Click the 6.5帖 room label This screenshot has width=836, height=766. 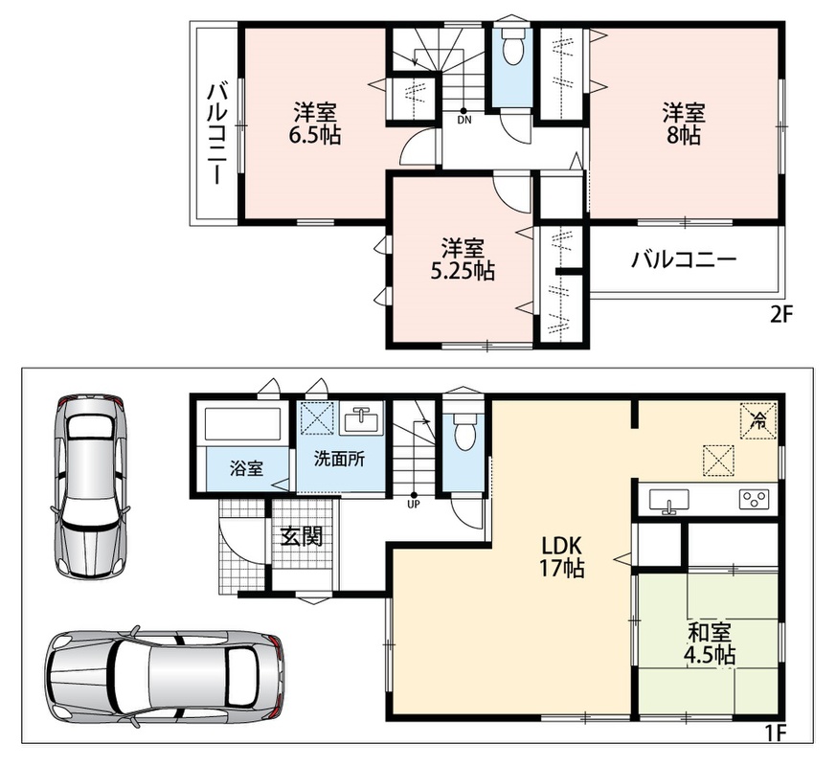(314, 137)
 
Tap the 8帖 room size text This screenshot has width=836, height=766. (684, 137)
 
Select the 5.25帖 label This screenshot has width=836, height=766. (463, 272)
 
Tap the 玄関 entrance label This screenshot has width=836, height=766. (302, 537)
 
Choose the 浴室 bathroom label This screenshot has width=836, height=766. (246, 469)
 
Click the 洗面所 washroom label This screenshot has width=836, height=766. (339, 459)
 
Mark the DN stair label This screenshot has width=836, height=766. (464, 121)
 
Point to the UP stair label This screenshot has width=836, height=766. (414, 505)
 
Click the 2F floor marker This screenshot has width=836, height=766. (781, 315)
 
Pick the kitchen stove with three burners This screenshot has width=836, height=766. (754, 500)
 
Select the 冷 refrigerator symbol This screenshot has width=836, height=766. (758, 420)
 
